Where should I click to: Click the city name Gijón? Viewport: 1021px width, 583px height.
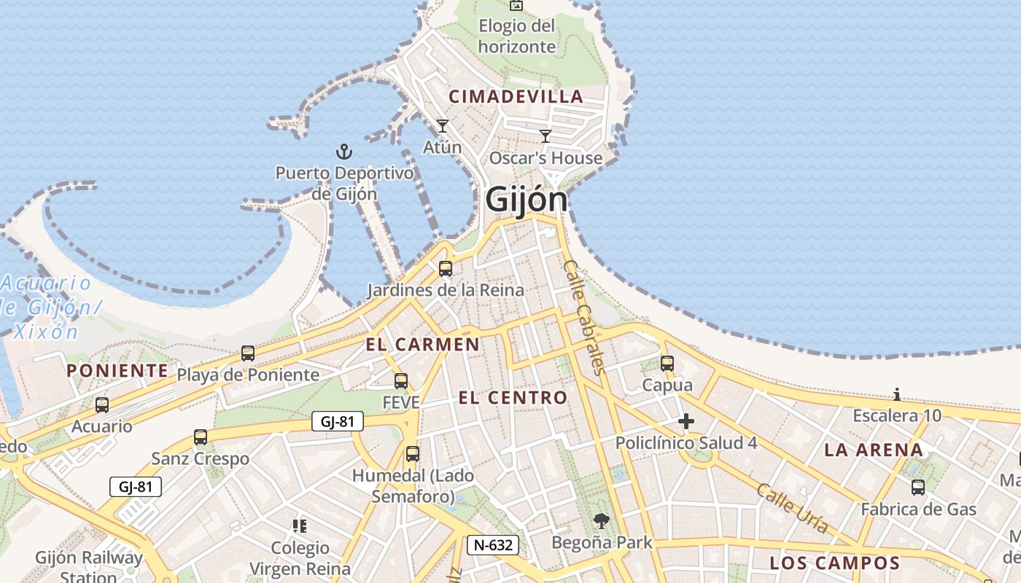pyautogui.click(x=526, y=199)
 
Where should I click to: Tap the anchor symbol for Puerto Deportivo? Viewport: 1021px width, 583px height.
pyautogui.click(x=343, y=152)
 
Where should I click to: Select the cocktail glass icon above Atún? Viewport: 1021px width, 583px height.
pyautogui.click(x=442, y=126)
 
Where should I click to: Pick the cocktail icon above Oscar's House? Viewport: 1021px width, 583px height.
pyautogui.click(x=545, y=136)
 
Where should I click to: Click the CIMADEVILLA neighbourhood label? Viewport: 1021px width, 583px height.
pyautogui.click(x=516, y=96)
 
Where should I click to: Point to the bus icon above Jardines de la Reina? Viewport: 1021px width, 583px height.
pyautogui.click(x=445, y=269)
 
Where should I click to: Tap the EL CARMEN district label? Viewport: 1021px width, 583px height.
pyautogui.click(x=423, y=345)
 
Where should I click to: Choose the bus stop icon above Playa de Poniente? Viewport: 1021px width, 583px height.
pyautogui.click(x=248, y=353)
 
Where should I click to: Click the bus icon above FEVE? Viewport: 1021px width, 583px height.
pyautogui.click(x=400, y=380)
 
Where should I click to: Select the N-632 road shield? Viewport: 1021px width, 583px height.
pyautogui.click(x=493, y=544)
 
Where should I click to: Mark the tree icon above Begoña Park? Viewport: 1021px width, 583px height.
pyautogui.click(x=602, y=520)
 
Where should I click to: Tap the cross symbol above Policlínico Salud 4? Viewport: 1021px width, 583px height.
pyautogui.click(x=686, y=421)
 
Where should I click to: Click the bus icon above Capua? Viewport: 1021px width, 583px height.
pyautogui.click(x=667, y=364)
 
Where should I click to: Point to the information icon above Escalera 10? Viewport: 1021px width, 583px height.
pyautogui.click(x=896, y=395)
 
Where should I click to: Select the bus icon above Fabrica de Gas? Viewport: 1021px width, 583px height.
pyautogui.click(x=917, y=487)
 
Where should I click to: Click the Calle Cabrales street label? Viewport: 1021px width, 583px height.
pyautogui.click(x=585, y=317)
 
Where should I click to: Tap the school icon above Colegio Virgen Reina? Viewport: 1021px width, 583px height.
pyautogui.click(x=299, y=525)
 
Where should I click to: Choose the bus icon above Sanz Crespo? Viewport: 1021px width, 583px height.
pyautogui.click(x=200, y=437)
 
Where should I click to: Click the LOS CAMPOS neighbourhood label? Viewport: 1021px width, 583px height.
pyautogui.click(x=835, y=563)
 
